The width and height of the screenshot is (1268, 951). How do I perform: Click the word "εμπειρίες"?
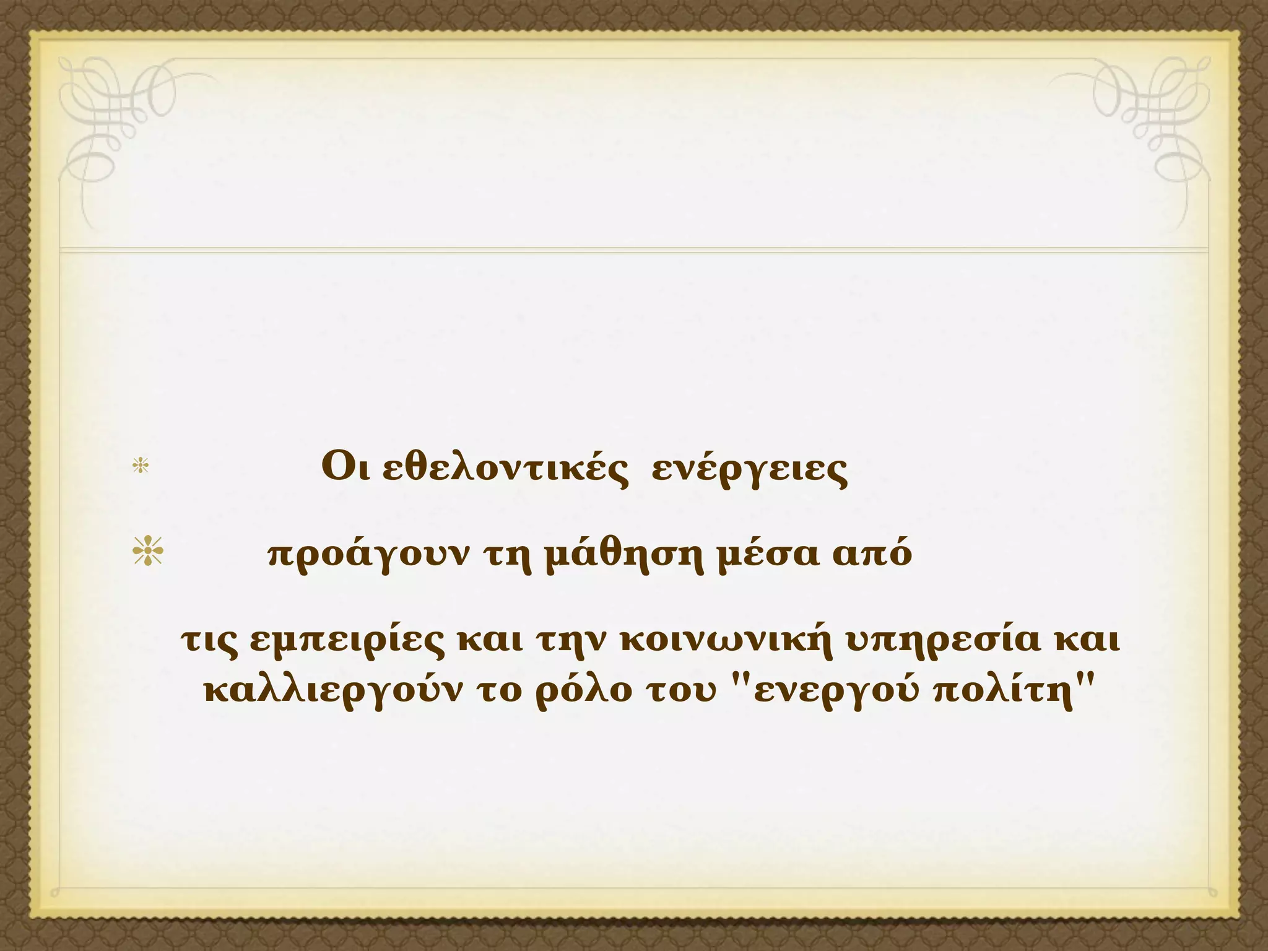[x=347, y=642]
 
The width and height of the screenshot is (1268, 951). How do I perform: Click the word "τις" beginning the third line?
[x=209, y=641]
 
